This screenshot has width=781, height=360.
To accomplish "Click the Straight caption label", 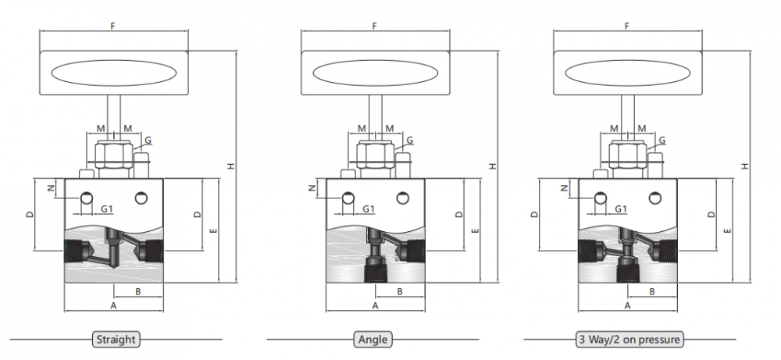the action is pyautogui.click(x=116, y=340).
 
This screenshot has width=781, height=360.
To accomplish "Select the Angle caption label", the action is pyautogui.click(x=373, y=340).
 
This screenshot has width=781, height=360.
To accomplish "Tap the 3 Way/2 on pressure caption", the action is pyautogui.click(x=629, y=340).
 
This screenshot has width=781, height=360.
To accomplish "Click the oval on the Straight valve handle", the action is pyautogui.click(x=114, y=73).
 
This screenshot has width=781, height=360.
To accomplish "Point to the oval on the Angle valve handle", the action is pyautogui.click(x=376, y=73).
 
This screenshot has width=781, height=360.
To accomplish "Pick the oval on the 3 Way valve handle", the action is pyautogui.click(x=628, y=73).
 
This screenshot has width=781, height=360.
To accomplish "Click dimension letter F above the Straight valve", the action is pyautogui.click(x=113, y=26).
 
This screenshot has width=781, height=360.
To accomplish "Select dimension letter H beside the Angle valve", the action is pyautogui.click(x=493, y=166).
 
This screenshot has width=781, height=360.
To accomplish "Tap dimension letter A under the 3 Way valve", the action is pyautogui.click(x=628, y=305).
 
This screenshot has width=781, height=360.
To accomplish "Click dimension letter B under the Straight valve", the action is pyautogui.click(x=138, y=292).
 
